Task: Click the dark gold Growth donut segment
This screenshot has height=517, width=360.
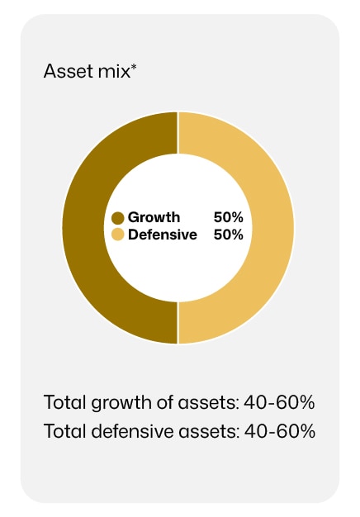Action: (83, 227)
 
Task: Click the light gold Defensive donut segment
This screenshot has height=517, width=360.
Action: (273, 227)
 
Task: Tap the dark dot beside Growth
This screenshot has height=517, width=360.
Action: (118, 218)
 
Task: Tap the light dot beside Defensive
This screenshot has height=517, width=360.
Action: (118, 235)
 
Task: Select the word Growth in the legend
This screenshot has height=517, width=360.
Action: (154, 217)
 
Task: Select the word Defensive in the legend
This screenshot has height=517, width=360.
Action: (163, 235)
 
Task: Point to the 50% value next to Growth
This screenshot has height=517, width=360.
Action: (229, 217)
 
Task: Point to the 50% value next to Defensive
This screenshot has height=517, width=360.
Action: (229, 235)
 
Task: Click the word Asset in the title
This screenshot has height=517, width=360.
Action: (69, 71)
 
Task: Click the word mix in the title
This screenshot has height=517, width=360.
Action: (114, 71)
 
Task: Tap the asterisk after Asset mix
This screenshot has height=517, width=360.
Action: (134, 67)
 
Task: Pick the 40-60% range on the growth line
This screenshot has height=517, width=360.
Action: (279, 402)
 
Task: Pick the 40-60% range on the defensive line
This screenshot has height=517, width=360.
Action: (280, 431)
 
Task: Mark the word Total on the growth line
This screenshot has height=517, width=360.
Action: (65, 402)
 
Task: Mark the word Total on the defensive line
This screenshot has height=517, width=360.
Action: (65, 431)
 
